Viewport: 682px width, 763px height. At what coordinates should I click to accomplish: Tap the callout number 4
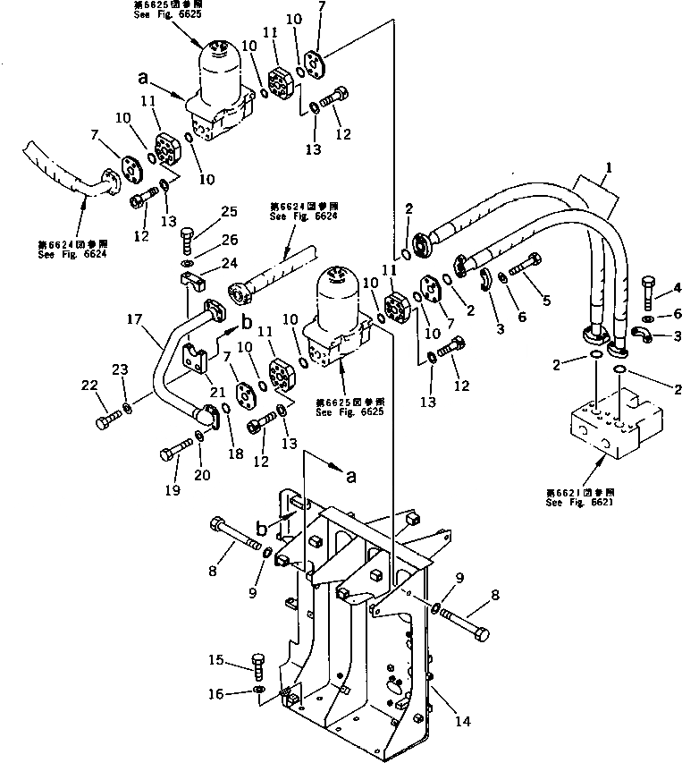677,288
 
